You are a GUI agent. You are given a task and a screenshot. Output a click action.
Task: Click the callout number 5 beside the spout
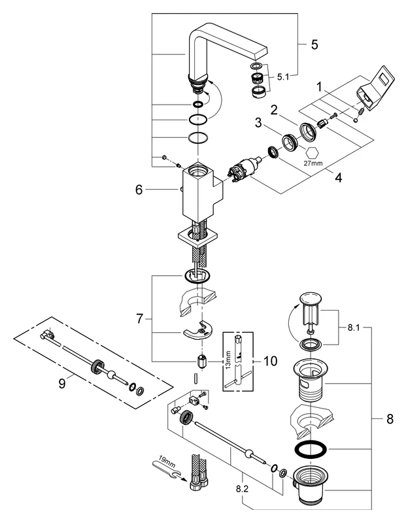click(314, 46)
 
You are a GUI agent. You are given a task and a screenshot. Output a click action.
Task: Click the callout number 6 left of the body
click(138, 190)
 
